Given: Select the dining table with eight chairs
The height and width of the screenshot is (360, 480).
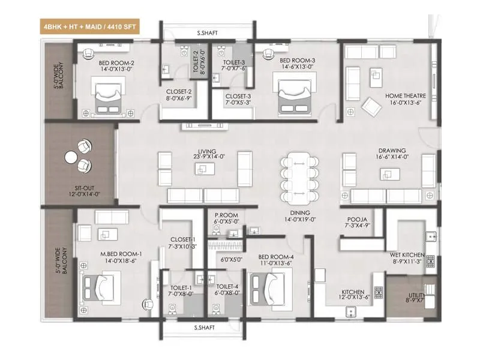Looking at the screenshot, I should coord(298,177).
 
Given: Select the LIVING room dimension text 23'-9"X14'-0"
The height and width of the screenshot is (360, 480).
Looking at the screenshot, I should coord(203,157).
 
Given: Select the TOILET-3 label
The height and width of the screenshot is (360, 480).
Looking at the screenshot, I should coord(234,62).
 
